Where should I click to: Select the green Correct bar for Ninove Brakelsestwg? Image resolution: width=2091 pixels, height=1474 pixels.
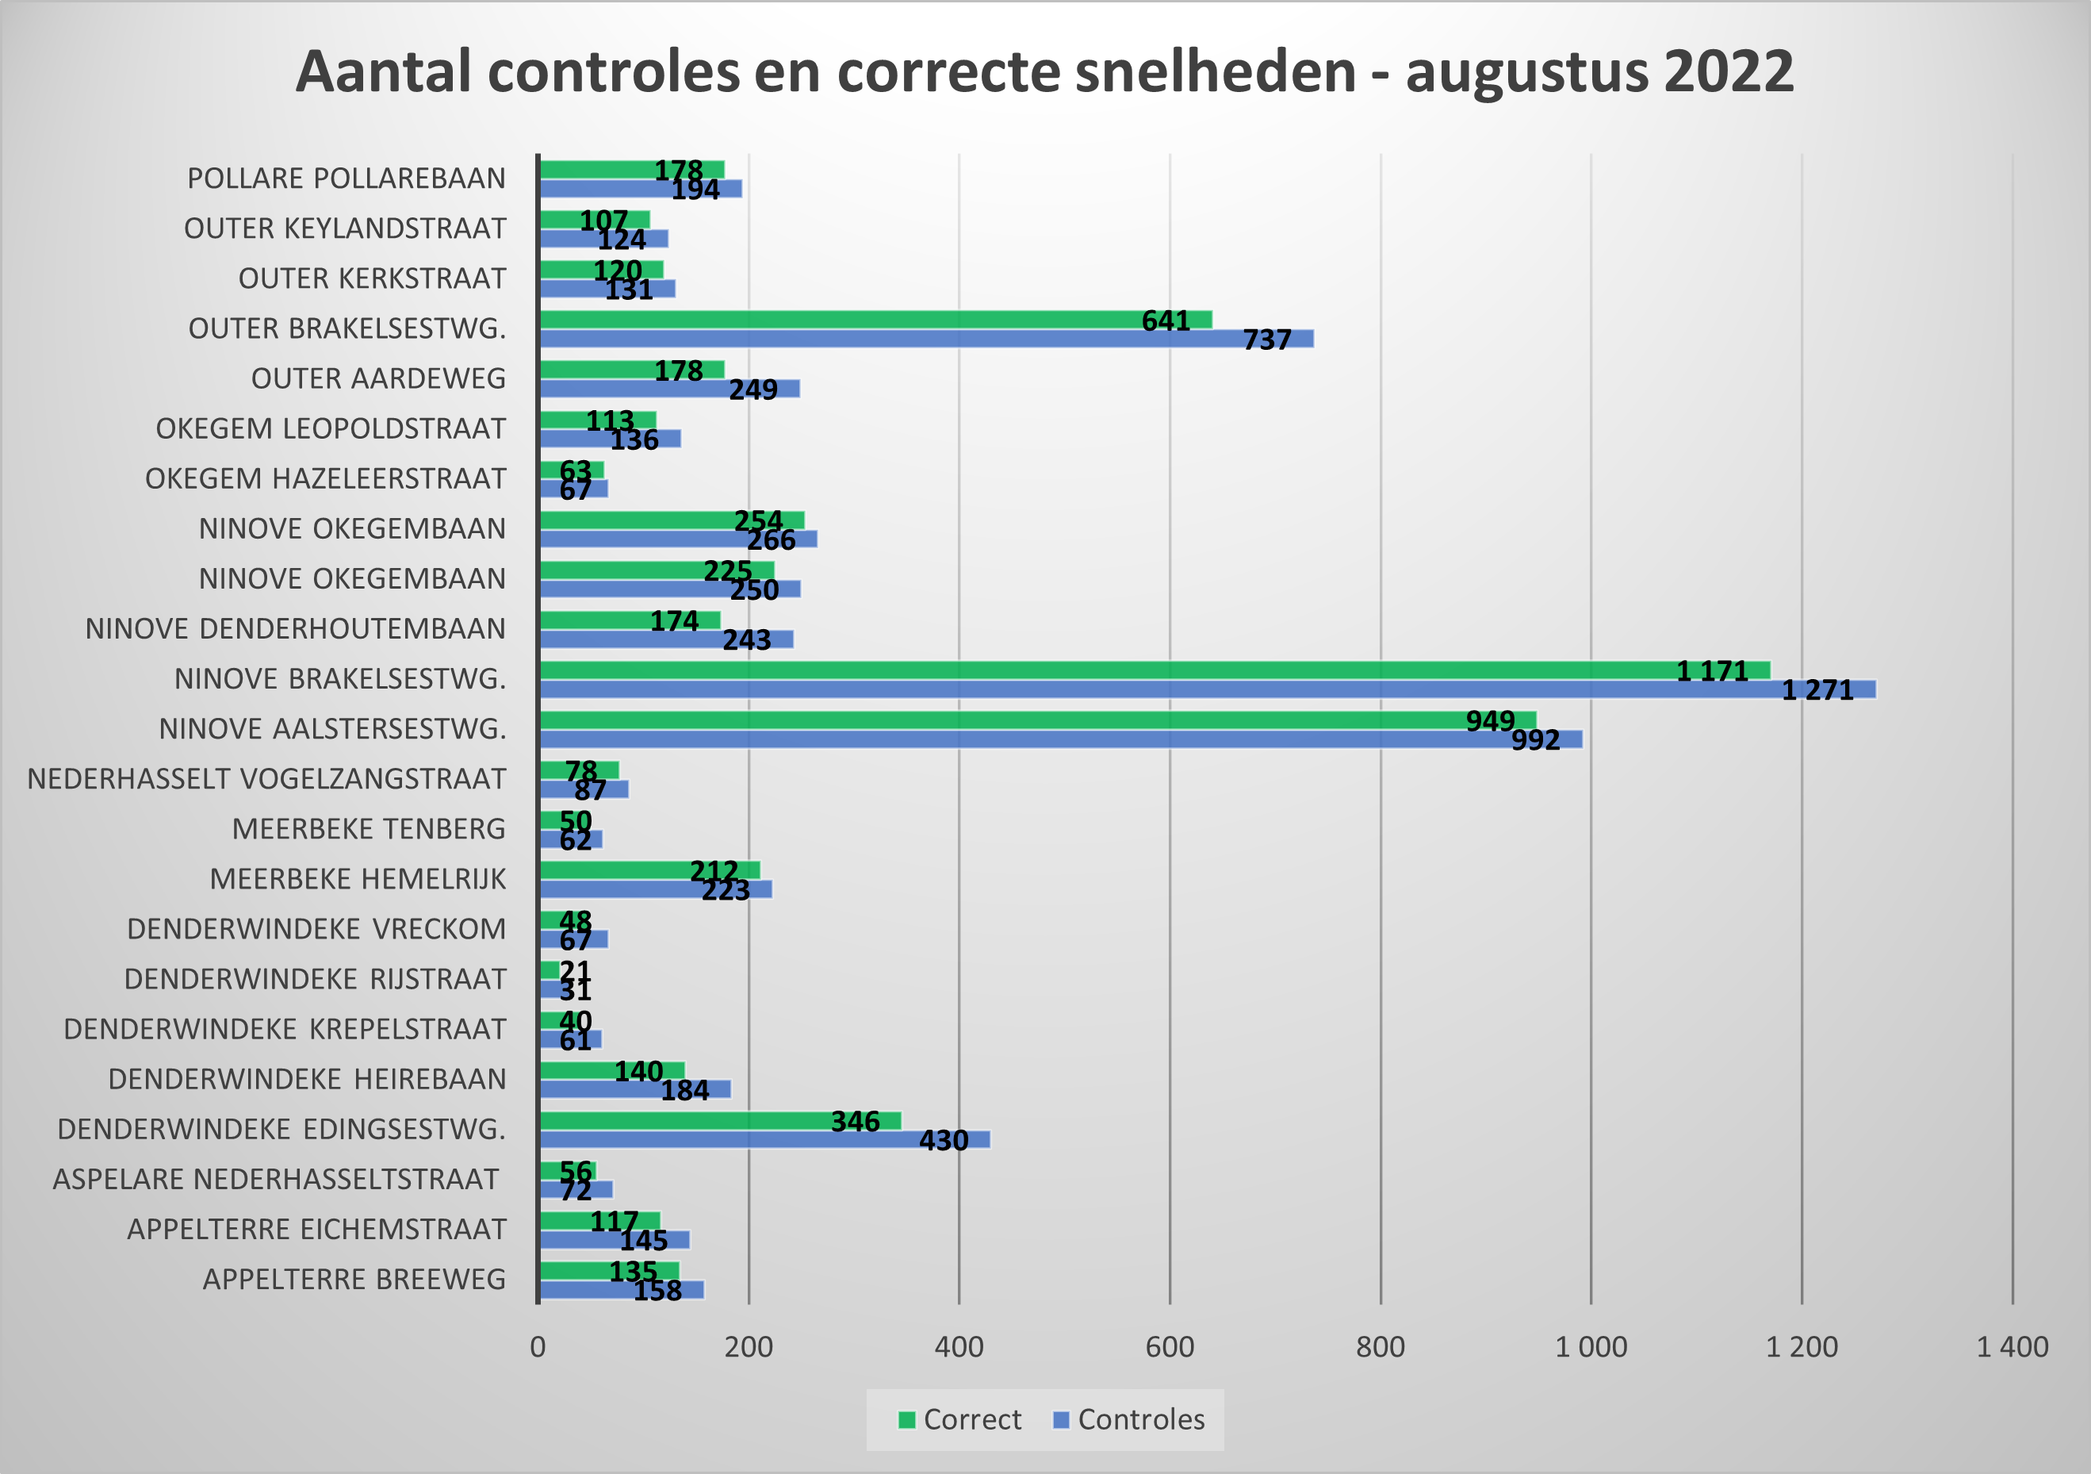pyautogui.click(x=1093, y=670)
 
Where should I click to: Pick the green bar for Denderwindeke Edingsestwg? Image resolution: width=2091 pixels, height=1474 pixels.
pyautogui.click(x=683, y=1120)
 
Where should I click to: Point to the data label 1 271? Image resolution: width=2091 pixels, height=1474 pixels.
pyautogui.click(x=1817, y=690)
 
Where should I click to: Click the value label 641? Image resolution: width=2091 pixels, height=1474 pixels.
pyautogui.click(x=1166, y=321)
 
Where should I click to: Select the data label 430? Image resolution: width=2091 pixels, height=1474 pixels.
pyautogui.click(x=944, y=1141)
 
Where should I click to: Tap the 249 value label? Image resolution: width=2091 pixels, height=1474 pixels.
pyautogui.click(x=753, y=390)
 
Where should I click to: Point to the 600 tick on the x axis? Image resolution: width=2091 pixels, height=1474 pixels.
pyautogui.click(x=1170, y=1346)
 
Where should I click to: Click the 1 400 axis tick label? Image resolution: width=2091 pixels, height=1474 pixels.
pyautogui.click(x=2012, y=1346)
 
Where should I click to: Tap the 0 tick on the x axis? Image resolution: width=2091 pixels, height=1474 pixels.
pyautogui.click(x=538, y=1346)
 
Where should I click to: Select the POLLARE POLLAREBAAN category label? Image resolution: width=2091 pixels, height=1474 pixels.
pyautogui.click(x=346, y=178)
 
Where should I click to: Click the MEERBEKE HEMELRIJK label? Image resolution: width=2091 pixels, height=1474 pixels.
pyautogui.click(x=358, y=879)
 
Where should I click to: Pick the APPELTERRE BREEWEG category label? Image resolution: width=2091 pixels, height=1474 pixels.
pyautogui.click(x=354, y=1280)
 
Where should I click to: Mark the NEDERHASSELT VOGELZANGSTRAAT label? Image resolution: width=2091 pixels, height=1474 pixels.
pyautogui.click(x=266, y=779)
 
